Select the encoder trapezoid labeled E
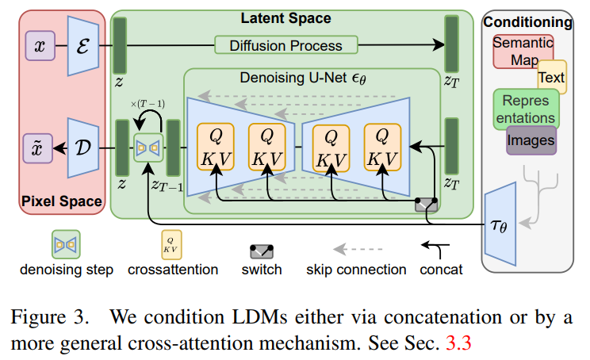coord(83,46)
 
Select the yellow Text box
coord(551,77)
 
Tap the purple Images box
coord(531,141)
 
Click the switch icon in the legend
coord(261,251)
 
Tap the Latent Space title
coord(285,17)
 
